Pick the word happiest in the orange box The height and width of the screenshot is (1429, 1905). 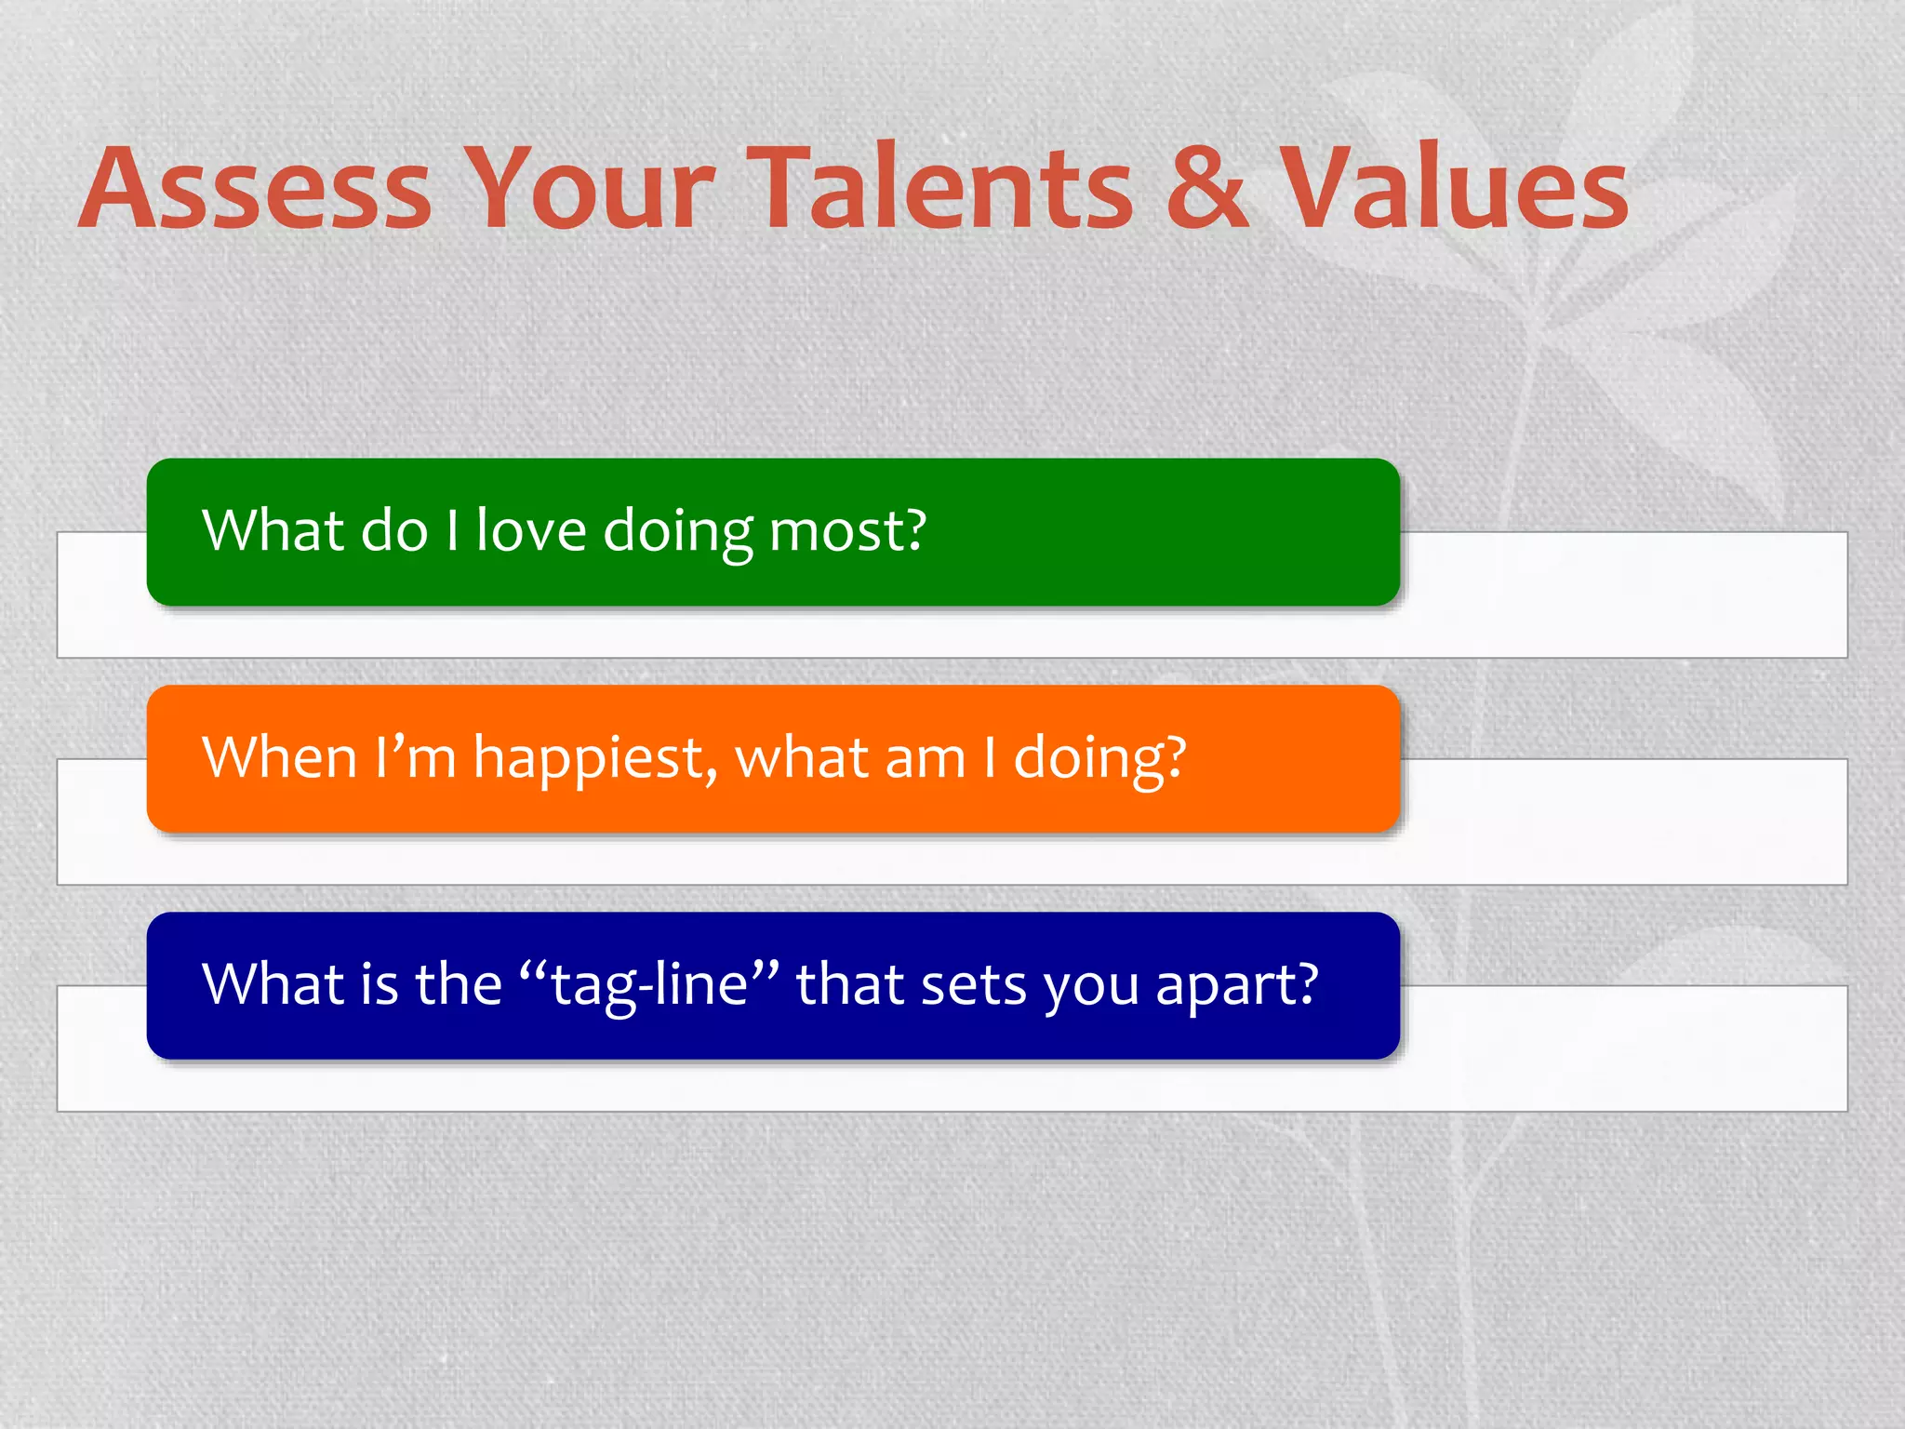595,758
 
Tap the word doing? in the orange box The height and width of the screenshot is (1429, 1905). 1099,758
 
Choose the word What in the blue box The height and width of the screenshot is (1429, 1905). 273,983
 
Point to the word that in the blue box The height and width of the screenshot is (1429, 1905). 849,983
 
